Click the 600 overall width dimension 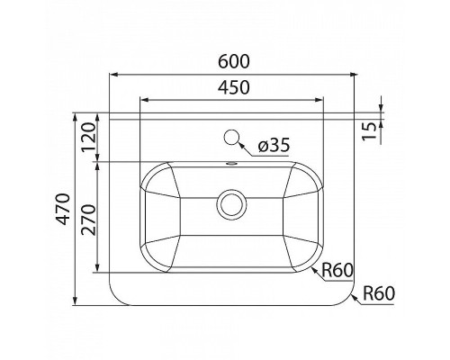[x=232, y=62]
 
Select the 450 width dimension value [x=232, y=87]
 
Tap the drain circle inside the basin [x=232, y=204]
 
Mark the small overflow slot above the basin [x=232, y=165]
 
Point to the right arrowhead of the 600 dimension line [x=352, y=74]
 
